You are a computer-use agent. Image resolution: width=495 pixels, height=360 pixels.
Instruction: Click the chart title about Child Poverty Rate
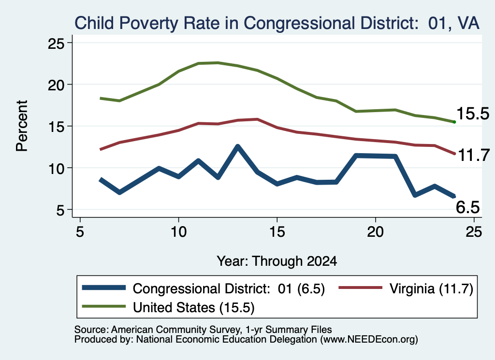pyautogui.click(x=277, y=23)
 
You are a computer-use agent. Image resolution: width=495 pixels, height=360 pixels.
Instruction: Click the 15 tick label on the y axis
pyautogui.click(x=56, y=127)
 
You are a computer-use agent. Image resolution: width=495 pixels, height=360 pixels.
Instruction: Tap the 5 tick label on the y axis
pyautogui.click(x=60, y=210)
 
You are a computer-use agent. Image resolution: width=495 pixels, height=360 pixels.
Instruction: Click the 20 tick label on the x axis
pyautogui.click(x=375, y=232)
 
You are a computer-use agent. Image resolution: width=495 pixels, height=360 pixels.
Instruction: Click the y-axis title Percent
pyautogui.click(x=22, y=126)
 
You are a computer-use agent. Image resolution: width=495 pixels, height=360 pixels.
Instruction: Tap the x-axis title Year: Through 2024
pyautogui.click(x=277, y=261)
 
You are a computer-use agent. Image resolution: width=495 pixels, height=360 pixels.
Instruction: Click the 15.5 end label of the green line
pyautogui.click(x=473, y=114)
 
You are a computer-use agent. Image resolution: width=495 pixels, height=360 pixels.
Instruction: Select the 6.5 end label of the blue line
pyautogui.click(x=468, y=207)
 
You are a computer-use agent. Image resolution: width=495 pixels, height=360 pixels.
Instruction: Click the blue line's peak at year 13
pyautogui.click(x=238, y=146)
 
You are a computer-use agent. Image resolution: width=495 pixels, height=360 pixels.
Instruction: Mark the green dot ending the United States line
pyautogui.click(x=454, y=122)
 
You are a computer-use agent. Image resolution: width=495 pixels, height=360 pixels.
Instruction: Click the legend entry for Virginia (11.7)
pyautogui.click(x=406, y=288)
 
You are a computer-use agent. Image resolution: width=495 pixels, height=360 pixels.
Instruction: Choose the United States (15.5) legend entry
pyautogui.click(x=168, y=307)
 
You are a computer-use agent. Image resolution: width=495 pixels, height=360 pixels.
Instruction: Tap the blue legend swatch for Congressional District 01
pyautogui.click(x=104, y=288)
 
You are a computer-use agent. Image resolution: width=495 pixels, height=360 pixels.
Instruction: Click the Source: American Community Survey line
pyautogui.click(x=203, y=330)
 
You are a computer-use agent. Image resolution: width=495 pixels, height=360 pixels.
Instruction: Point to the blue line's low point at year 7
pyautogui.click(x=120, y=192)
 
